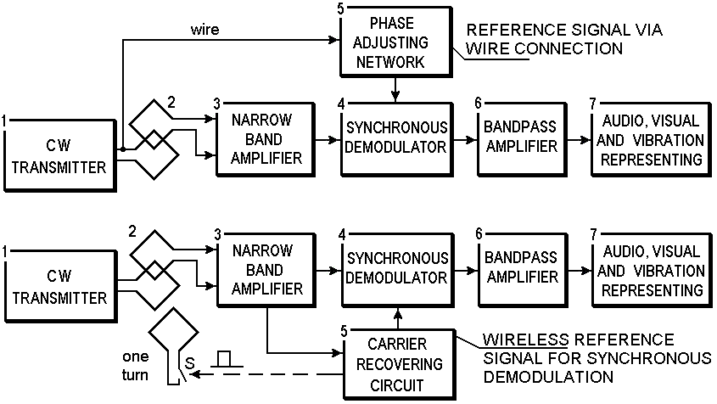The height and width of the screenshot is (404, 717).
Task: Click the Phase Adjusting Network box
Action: [x=395, y=40]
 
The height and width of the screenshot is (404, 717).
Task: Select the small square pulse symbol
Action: [x=224, y=359]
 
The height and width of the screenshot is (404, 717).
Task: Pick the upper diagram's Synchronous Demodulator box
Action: [x=395, y=137]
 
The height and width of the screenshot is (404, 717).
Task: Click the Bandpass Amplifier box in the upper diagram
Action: [x=521, y=137]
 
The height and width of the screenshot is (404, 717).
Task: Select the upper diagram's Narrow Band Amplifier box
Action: [x=265, y=137]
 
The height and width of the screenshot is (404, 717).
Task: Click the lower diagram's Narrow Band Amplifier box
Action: [x=265, y=269]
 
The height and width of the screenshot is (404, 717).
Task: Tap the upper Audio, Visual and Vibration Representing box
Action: [x=649, y=137]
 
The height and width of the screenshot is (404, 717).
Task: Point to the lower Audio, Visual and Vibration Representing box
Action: [x=649, y=270]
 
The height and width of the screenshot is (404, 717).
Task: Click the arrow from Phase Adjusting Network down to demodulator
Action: [x=395, y=87]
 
